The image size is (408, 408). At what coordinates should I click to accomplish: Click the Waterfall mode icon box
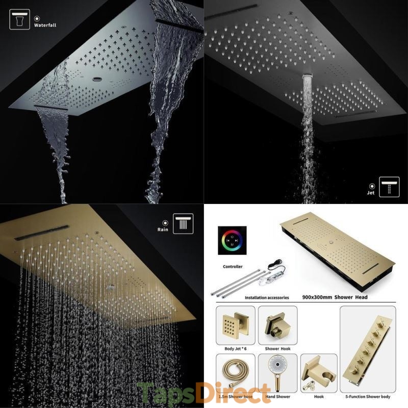click(x=20, y=19)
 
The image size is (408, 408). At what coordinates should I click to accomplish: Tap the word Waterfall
click(x=45, y=25)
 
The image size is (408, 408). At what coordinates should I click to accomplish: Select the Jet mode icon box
click(x=389, y=187)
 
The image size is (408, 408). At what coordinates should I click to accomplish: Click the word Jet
click(x=371, y=193)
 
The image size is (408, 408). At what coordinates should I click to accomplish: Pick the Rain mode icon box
click(x=183, y=223)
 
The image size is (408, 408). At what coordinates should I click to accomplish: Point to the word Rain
click(x=163, y=229)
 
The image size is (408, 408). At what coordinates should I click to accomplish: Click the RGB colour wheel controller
click(x=232, y=240)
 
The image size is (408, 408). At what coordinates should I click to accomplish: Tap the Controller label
click(x=233, y=266)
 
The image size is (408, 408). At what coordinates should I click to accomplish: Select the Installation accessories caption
click(x=267, y=298)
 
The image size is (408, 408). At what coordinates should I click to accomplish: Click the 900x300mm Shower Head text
click(x=335, y=297)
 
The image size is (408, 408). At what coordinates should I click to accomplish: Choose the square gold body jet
click(x=236, y=325)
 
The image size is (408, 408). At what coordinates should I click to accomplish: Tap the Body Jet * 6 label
click(x=236, y=349)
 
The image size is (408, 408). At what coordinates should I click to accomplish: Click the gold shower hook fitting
click(x=277, y=325)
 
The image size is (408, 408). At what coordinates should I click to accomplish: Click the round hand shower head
click(x=277, y=365)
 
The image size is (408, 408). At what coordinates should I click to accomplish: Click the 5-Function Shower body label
click(x=368, y=397)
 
